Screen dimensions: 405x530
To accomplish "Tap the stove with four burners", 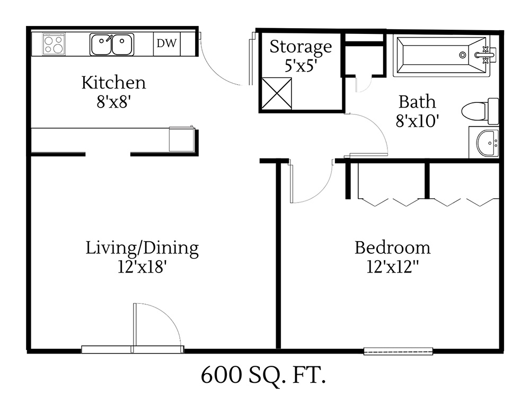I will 54,44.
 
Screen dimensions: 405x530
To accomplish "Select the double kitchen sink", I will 112,45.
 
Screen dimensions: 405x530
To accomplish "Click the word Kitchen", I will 113,83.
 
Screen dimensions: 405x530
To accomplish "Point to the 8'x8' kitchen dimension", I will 113,101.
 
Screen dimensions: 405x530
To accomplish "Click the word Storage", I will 301,47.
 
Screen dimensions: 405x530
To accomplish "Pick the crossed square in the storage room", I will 276,93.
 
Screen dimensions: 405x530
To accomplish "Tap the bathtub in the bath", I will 443,55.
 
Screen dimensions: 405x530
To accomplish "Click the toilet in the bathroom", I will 480,111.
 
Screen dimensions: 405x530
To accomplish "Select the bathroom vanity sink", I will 485,143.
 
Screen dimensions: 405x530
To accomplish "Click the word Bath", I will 417,101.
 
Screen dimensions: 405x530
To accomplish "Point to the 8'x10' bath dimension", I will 417,120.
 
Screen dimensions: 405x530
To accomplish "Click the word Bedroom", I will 392,248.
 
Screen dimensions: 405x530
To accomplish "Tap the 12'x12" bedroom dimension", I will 392,267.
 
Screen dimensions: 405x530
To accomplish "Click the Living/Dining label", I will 142,248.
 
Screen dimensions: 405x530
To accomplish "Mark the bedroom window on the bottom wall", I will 399,350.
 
